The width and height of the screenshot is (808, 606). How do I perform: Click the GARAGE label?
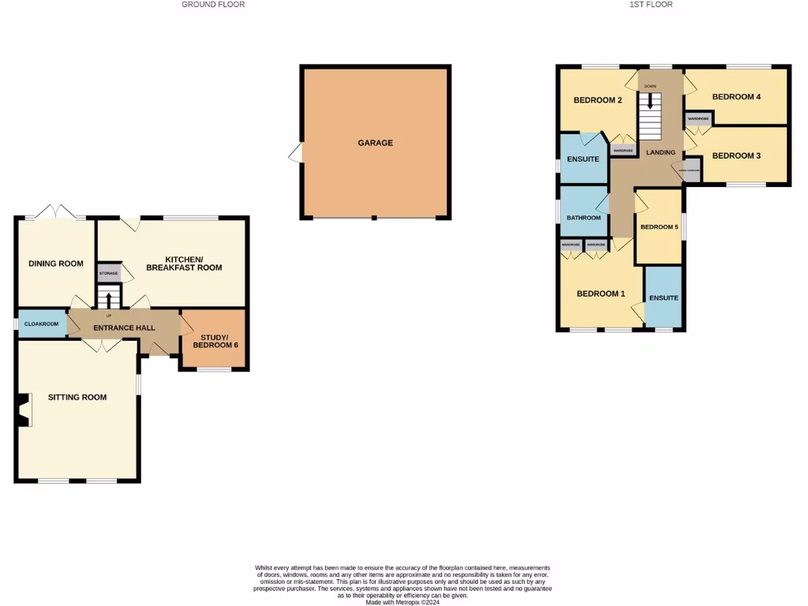click(x=375, y=143)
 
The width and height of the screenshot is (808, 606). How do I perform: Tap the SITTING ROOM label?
click(x=77, y=397)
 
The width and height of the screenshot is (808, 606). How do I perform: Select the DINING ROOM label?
click(x=56, y=264)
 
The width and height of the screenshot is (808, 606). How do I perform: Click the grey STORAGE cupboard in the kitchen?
click(x=108, y=274)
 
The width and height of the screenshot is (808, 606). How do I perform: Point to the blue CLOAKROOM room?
click(x=42, y=324)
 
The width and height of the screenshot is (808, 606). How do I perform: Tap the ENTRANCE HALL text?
click(x=124, y=328)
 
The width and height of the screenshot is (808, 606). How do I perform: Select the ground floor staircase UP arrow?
click(x=109, y=298)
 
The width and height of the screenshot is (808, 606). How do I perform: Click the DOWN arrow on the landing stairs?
click(x=650, y=101)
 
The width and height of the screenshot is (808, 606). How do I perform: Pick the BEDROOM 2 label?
click(x=598, y=100)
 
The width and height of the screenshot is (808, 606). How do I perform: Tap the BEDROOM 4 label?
click(x=736, y=97)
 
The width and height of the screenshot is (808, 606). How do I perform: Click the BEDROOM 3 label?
click(x=736, y=155)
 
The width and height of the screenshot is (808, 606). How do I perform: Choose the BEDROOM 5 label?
click(x=659, y=227)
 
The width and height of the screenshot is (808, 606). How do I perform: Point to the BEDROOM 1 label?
click(x=600, y=294)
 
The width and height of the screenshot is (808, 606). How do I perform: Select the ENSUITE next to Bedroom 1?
click(x=664, y=297)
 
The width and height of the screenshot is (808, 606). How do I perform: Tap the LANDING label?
click(x=660, y=152)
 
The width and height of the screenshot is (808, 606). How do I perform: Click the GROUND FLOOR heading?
click(x=213, y=5)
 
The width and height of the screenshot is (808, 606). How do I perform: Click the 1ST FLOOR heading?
click(x=651, y=5)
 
